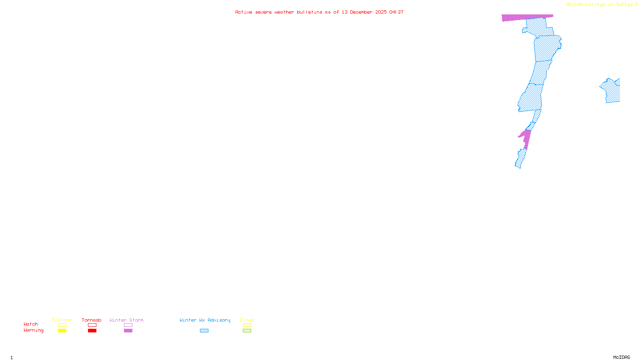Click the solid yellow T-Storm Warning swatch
(62, 331)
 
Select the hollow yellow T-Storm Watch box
(62, 325)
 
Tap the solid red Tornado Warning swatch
(92, 331)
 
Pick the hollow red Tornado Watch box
(92, 325)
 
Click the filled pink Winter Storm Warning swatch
(128, 331)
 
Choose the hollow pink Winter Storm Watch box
(128, 325)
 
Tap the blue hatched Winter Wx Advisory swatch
(204, 331)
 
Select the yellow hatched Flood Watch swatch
(247, 325)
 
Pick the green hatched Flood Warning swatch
(247, 331)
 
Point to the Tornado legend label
(92, 320)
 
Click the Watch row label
(31, 324)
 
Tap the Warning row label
(33, 330)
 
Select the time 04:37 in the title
(396, 12)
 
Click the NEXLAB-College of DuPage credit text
(599, 5)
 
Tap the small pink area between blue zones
(527, 138)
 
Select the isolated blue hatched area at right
(612, 91)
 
